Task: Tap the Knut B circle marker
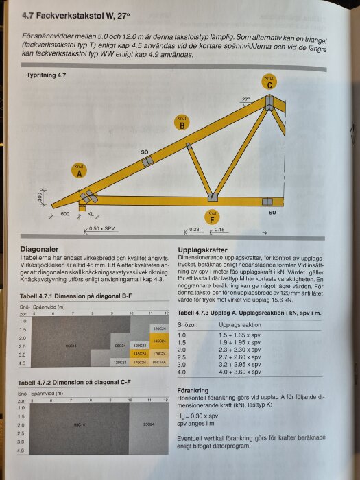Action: (181, 123)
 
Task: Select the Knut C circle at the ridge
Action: (270, 82)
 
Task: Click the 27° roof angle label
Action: (245, 99)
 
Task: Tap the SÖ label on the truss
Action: (145, 150)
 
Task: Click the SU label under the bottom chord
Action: (272, 213)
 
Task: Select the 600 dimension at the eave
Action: (64, 214)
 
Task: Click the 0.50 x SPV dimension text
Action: (102, 228)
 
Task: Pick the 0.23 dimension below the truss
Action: (195, 228)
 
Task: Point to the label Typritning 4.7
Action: (47, 73)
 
